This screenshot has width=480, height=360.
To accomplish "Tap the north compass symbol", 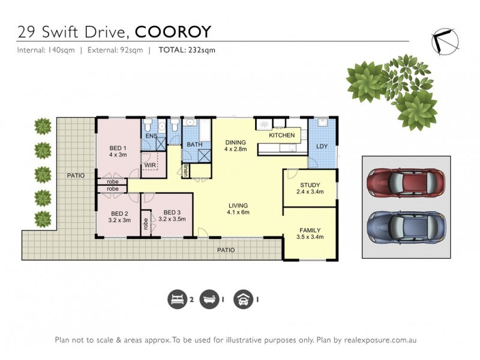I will click(x=445, y=40).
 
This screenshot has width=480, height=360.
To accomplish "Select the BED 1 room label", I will click(x=117, y=148).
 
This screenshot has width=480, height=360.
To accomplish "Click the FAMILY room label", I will click(x=310, y=230).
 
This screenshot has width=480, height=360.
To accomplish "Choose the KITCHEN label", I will click(x=281, y=136).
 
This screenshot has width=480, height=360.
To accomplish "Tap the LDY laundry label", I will click(x=322, y=146).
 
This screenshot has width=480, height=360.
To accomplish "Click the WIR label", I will click(x=149, y=165).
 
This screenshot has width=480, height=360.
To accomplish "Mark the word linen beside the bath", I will click(x=186, y=170).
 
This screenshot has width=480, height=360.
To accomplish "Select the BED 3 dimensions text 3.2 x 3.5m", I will click(x=172, y=220).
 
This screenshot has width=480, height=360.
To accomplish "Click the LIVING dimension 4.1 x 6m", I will click(x=238, y=212).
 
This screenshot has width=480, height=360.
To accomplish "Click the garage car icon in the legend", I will click(x=244, y=298).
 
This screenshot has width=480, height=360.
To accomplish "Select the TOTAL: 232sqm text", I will click(x=187, y=50).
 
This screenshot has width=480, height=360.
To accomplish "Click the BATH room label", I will click(x=194, y=145).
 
